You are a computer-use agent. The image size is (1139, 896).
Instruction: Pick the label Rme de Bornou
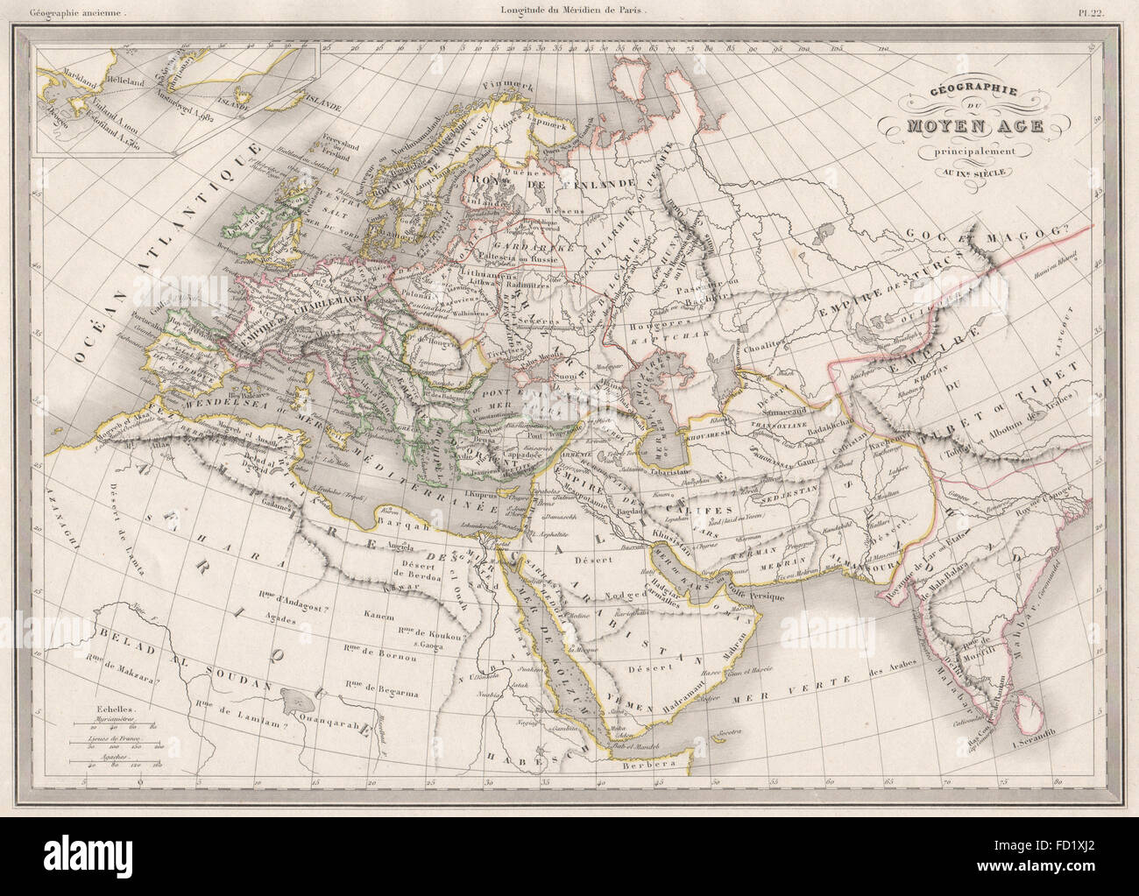pos(369,648)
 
